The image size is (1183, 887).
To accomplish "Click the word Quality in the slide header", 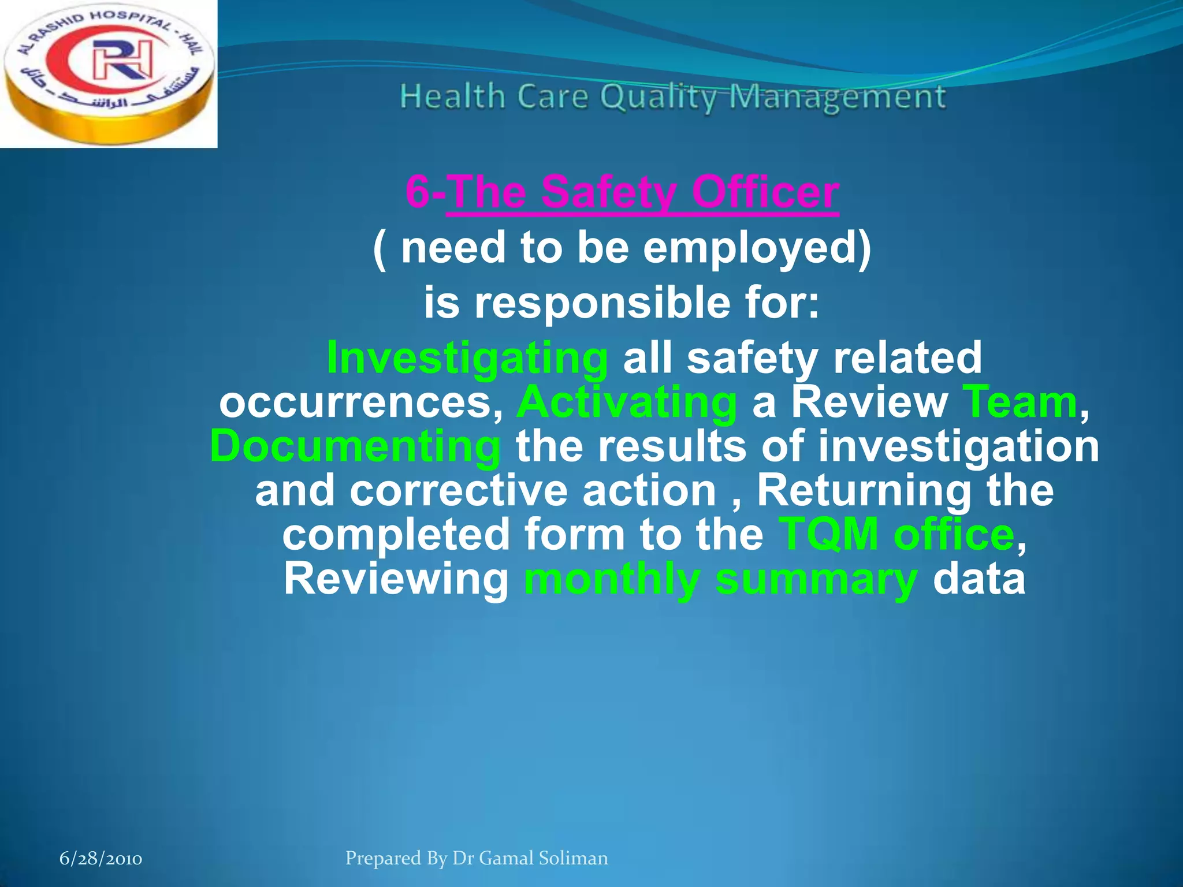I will click(658, 97).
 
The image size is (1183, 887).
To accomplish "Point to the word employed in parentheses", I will click(757, 247).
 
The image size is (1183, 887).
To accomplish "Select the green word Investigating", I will click(467, 358).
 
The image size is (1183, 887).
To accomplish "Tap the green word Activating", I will click(627, 402).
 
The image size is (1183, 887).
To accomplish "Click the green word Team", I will click(1020, 402).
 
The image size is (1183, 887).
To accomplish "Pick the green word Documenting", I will click(355, 446).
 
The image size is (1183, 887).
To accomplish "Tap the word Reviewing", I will click(396, 579).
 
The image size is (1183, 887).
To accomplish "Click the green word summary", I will click(816, 580).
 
